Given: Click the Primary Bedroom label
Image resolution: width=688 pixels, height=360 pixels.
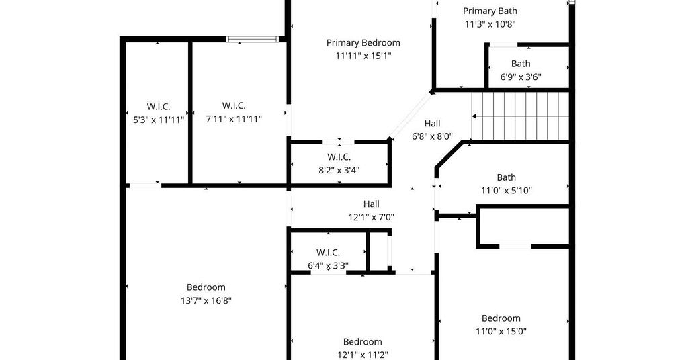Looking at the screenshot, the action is point(363,43).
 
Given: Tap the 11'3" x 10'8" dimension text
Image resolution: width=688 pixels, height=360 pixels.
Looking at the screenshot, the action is point(490,24).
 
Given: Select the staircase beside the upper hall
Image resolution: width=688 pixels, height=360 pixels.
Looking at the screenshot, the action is point(520,116).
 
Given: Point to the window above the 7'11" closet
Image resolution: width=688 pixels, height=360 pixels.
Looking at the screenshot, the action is point(253,39).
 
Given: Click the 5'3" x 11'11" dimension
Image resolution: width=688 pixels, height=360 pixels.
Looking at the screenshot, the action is point(159,120).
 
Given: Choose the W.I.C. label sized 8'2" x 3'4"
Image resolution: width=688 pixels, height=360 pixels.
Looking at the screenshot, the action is point(339,157).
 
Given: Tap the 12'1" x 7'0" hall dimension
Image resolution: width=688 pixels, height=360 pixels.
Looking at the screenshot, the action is point(371,217).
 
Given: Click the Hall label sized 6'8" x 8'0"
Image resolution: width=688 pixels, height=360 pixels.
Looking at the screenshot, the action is point(432,124).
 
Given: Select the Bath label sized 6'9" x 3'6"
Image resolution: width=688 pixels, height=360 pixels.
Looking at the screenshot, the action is point(521,64).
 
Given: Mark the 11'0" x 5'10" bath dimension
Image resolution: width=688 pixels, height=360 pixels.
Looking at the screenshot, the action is point(507,191).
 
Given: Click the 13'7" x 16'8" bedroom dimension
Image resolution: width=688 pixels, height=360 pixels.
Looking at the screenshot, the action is point(206,301).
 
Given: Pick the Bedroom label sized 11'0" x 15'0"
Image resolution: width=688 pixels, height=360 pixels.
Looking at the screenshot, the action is point(501,318).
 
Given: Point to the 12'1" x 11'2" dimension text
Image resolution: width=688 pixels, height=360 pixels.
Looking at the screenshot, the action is point(362,355).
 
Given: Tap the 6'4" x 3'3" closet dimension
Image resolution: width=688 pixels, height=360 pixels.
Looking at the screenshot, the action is point(328,266).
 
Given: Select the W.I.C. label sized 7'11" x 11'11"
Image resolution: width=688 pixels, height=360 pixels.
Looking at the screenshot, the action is point(233,105).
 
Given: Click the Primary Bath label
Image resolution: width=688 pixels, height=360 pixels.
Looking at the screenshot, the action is point(490,11).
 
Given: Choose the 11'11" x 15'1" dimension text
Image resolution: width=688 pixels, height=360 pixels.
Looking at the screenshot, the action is point(363,56).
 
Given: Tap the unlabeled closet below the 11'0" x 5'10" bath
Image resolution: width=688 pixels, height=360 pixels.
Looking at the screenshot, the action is point(523,226).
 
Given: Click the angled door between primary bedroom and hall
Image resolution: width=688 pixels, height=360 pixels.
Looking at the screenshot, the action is point(411,114).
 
